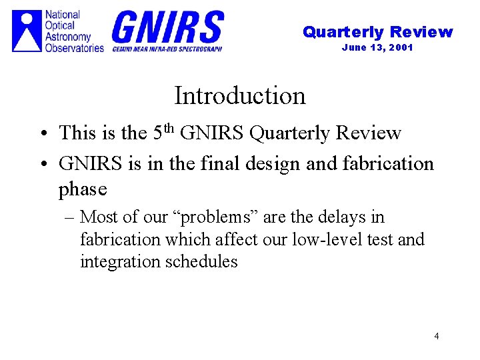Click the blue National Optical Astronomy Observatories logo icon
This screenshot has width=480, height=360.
[27, 31]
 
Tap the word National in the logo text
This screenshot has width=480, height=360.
[63, 15]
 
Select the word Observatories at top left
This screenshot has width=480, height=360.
[75, 48]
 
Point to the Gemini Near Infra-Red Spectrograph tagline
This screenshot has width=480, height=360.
[167, 49]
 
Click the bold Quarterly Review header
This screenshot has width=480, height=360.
[377, 32]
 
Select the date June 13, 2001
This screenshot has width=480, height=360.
[377, 47]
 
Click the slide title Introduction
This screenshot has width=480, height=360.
[239, 96]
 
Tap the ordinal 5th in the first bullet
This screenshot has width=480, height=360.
[165, 131]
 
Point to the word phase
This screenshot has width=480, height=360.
[83, 189]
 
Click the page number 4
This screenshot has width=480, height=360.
[436, 336]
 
